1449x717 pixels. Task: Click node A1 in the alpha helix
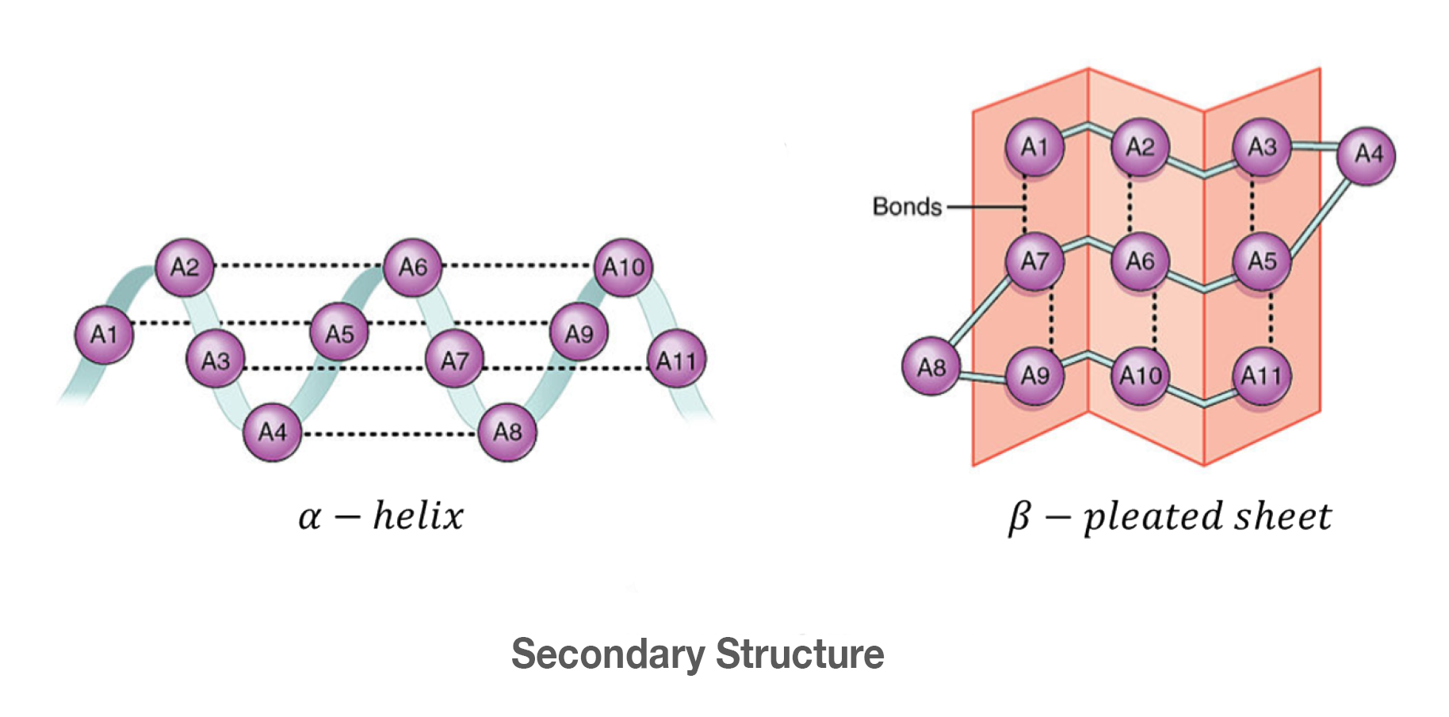(x=104, y=334)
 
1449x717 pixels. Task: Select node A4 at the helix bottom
(x=272, y=433)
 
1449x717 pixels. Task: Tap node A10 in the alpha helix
(x=624, y=267)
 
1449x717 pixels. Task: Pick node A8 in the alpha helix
(x=507, y=433)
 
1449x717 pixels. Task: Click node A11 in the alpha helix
(x=676, y=360)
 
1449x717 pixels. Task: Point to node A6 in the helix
(x=413, y=267)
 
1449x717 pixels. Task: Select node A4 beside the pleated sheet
(x=1367, y=155)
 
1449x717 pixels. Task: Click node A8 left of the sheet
(x=931, y=367)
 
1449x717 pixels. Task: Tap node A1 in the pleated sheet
(x=1034, y=147)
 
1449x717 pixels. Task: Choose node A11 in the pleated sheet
(x=1262, y=376)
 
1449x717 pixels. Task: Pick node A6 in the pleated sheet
(x=1140, y=261)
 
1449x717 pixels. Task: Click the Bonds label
(x=907, y=207)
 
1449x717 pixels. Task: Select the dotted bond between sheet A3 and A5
(x=1252, y=205)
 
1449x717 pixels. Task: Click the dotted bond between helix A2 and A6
(x=298, y=265)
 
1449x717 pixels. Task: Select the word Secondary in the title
(x=608, y=654)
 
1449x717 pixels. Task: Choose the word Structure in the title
(x=800, y=654)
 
